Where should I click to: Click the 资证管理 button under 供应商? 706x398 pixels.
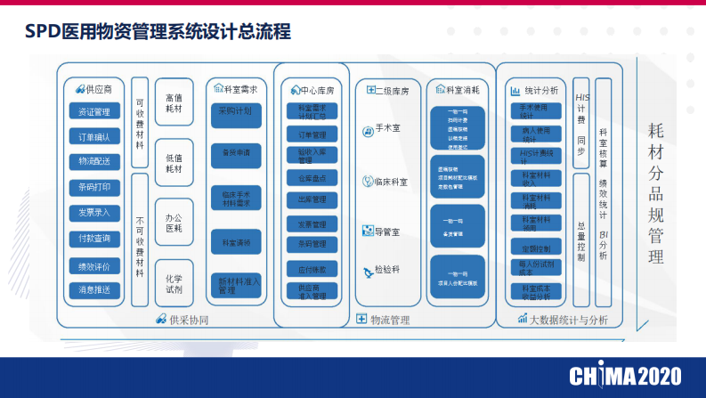click(x=94, y=111)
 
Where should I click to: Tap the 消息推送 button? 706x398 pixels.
click(x=94, y=290)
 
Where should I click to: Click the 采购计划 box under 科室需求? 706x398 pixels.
click(x=235, y=111)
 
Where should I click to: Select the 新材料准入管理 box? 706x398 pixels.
click(x=235, y=285)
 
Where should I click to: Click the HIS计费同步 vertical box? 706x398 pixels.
click(x=581, y=124)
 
